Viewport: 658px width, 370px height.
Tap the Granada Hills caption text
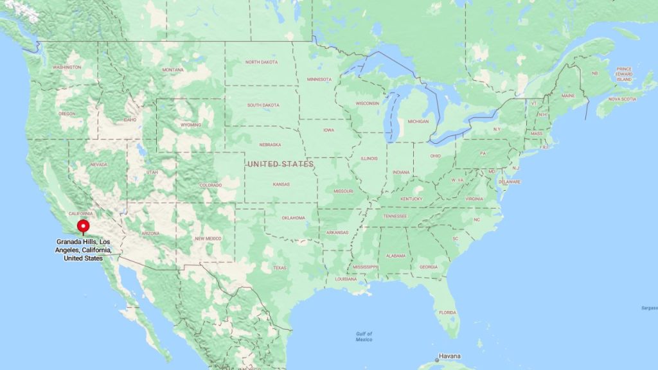click(x=84, y=250)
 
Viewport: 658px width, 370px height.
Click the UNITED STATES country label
click(x=281, y=164)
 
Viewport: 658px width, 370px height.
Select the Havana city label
click(x=450, y=357)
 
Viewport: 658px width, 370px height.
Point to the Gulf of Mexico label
click(x=364, y=336)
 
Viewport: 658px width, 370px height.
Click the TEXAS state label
click(x=280, y=268)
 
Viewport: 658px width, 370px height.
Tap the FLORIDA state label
click(x=447, y=313)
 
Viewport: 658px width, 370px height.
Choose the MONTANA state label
click(x=173, y=70)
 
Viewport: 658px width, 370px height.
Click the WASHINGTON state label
click(x=67, y=67)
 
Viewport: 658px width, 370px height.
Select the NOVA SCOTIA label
click(x=622, y=99)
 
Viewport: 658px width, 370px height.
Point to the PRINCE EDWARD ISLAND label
click(x=624, y=74)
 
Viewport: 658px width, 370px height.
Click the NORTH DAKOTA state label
click(x=261, y=62)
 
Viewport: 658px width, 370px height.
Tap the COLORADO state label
click(x=210, y=185)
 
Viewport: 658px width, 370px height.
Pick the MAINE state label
click(x=568, y=96)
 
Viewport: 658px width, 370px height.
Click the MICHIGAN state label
click(x=418, y=121)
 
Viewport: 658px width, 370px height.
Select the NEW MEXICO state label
click(x=208, y=238)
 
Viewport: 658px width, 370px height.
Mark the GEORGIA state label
click(x=429, y=267)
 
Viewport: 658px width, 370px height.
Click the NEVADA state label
click(x=98, y=164)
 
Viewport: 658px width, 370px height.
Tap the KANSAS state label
click(x=281, y=184)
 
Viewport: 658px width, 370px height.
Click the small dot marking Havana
click(x=437, y=360)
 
